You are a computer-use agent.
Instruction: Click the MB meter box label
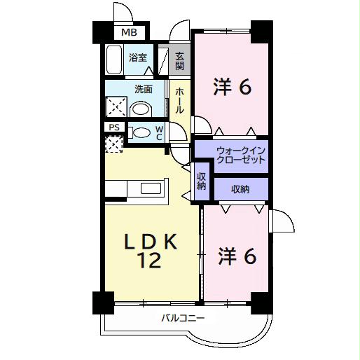click(x=130, y=32)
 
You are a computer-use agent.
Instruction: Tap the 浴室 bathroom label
click(x=137, y=58)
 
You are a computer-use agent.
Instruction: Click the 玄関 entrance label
click(x=179, y=62)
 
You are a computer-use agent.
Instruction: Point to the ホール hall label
click(x=179, y=100)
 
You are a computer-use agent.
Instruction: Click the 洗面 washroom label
click(x=144, y=88)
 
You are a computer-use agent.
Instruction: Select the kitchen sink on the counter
click(x=151, y=188)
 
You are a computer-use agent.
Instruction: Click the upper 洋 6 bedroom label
click(x=231, y=88)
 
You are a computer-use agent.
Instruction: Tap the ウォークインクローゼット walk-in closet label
click(x=240, y=155)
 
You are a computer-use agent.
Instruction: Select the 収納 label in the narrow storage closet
click(x=201, y=181)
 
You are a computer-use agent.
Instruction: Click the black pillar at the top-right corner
click(x=261, y=30)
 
